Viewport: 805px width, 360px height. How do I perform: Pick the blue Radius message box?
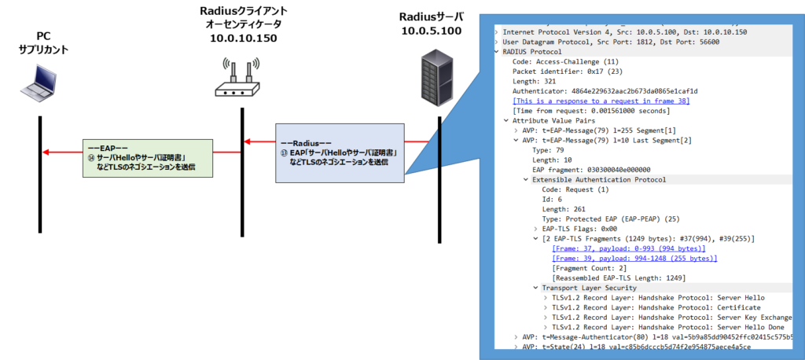[x=339, y=152]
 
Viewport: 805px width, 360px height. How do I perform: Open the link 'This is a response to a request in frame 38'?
[x=602, y=101]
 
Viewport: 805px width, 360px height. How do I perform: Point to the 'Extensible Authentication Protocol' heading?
[x=599, y=179]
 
